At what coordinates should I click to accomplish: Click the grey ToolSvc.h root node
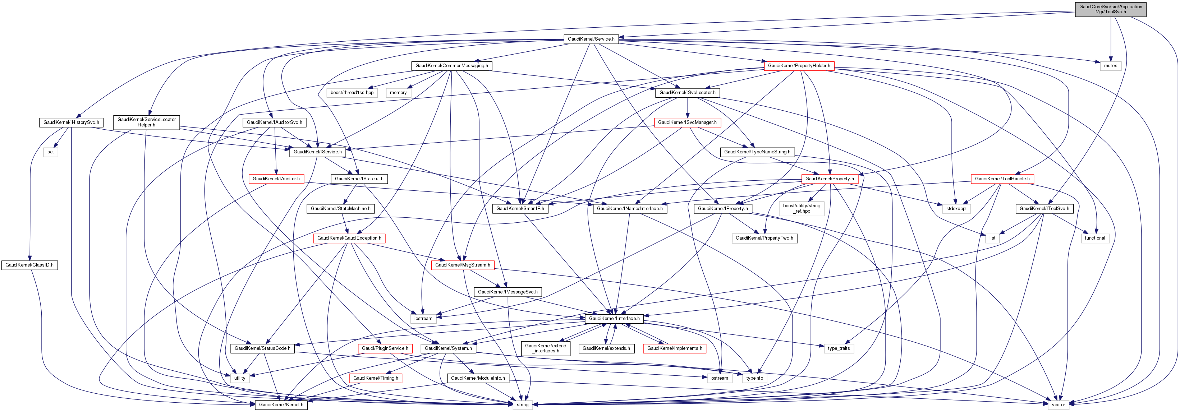tap(1110, 9)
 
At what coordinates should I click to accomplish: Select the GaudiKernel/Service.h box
tap(591, 39)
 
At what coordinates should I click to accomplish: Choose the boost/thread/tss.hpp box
tap(352, 92)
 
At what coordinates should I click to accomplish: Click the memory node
tap(398, 92)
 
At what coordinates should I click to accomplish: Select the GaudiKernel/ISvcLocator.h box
tap(687, 92)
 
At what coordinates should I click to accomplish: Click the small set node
tap(50, 152)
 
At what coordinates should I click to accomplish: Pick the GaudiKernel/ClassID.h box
tap(30, 265)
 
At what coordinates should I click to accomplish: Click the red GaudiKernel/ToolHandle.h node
tap(1002, 179)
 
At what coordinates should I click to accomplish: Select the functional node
tap(1095, 238)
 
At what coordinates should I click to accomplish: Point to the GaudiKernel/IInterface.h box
tap(614, 319)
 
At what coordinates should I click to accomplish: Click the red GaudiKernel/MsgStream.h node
tap(462, 265)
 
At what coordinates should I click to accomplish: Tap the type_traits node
tap(839, 348)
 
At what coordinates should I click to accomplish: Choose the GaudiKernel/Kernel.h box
tap(281, 405)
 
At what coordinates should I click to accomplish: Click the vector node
tap(1058, 405)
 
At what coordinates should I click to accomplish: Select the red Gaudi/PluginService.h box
tap(385, 348)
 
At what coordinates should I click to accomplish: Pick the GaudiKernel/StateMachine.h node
tap(340, 209)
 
